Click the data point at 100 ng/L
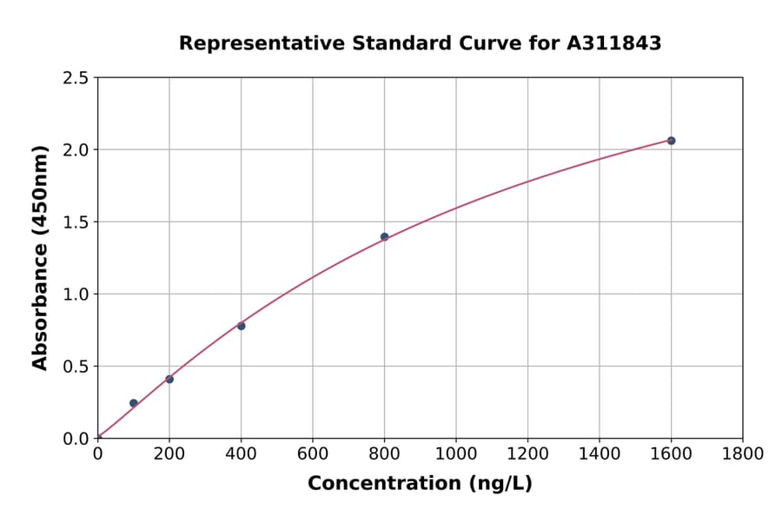[x=133, y=403]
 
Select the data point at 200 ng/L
[x=169, y=379]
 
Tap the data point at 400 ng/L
[x=241, y=326]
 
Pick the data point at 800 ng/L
[x=384, y=236]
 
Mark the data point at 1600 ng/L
[x=671, y=141]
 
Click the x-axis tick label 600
[x=313, y=453]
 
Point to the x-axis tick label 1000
[x=456, y=453]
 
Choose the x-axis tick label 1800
[x=743, y=453]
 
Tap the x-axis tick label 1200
[x=527, y=453]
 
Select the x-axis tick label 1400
[x=600, y=453]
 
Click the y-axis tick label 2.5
[x=76, y=78]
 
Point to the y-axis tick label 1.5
[x=76, y=222]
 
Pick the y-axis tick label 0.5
[x=76, y=367]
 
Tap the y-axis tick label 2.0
[x=76, y=150]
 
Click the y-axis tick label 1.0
[x=76, y=294]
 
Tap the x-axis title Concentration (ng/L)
[x=420, y=484]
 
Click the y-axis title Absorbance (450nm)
[x=40, y=258]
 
